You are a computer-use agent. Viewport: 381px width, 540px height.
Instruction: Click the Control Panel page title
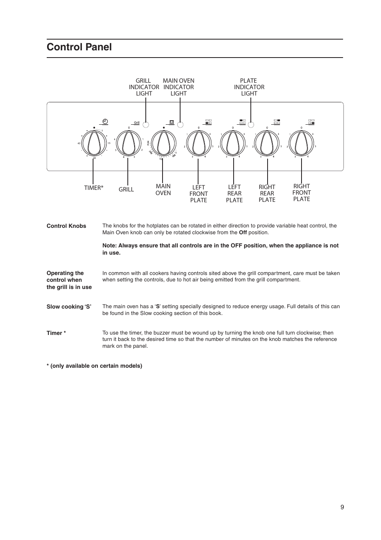tap(79, 47)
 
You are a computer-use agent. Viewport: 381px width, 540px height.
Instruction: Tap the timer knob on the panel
tap(94, 143)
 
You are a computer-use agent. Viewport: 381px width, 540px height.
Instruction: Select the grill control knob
tap(128, 143)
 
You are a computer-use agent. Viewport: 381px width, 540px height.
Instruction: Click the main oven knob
tap(163, 143)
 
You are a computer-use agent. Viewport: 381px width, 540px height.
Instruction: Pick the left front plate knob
tap(198, 143)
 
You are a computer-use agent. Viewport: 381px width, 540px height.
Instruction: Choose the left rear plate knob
tap(233, 143)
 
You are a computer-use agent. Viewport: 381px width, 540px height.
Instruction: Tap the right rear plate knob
tap(267, 143)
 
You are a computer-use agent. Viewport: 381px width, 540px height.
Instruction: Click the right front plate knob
tap(302, 143)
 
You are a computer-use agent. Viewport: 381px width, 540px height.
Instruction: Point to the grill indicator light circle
tap(146, 124)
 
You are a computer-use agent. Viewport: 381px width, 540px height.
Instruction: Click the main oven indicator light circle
tap(180, 124)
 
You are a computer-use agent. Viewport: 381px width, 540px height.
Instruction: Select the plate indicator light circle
tap(251, 124)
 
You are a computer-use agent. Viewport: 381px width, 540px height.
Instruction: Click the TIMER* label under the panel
tap(94, 188)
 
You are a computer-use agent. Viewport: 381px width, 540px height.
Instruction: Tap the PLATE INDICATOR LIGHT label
tap(249, 87)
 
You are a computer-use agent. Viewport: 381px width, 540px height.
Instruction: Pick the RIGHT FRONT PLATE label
tap(302, 193)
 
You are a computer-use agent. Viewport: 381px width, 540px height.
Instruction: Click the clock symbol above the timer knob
tap(105, 121)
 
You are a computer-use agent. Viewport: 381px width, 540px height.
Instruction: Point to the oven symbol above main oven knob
tap(172, 122)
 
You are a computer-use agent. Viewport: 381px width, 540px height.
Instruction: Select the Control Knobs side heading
tap(66, 226)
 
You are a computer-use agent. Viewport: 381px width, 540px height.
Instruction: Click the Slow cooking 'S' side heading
tap(69, 307)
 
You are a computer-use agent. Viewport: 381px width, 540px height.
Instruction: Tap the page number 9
tap(342, 507)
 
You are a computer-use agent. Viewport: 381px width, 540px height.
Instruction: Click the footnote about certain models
tap(94, 366)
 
